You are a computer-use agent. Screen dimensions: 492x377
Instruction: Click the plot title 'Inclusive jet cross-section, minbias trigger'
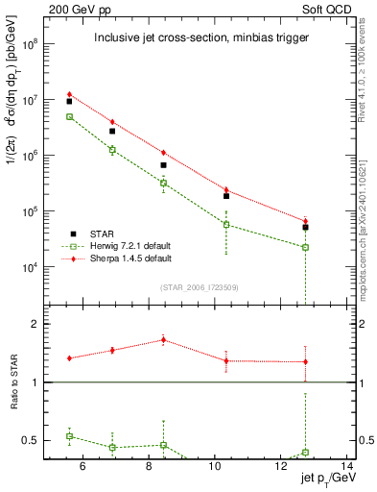197,38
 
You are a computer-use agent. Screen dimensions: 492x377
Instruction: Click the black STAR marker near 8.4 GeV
163,165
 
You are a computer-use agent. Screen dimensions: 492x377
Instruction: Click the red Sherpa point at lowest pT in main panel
69,94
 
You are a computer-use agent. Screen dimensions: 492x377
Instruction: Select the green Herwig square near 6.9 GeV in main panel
112,150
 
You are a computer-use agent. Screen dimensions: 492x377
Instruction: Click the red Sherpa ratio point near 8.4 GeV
163,339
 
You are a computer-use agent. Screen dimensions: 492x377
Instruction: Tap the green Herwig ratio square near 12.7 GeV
305,452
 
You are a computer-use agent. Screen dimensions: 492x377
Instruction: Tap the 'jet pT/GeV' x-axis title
327,480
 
